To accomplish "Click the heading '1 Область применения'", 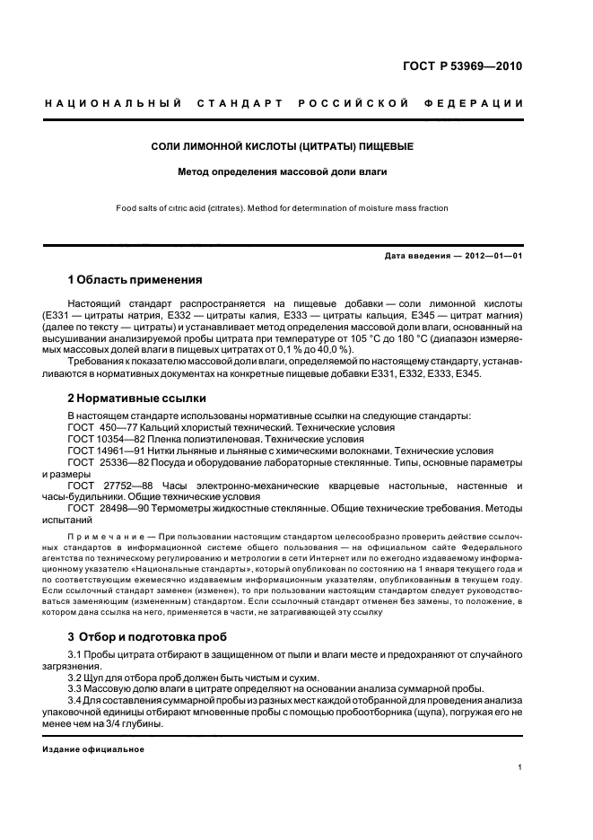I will point(135,279).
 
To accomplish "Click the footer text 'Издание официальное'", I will point(87,748).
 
